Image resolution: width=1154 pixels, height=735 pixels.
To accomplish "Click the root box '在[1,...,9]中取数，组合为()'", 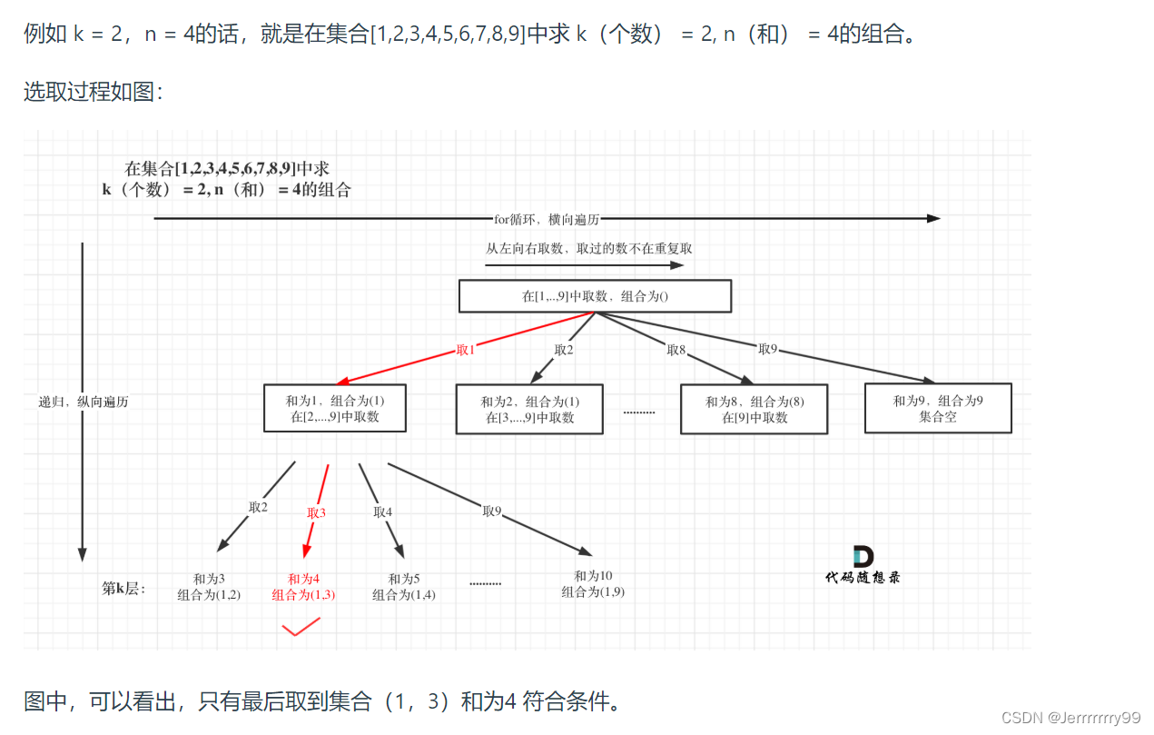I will [595, 296].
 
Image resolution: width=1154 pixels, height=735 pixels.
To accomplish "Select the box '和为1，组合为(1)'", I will [335, 409].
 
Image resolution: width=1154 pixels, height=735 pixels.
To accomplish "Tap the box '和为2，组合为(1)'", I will [529, 410].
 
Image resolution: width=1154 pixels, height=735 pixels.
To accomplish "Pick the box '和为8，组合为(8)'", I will [755, 410].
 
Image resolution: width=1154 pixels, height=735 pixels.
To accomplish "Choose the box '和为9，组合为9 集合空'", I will [938, 408].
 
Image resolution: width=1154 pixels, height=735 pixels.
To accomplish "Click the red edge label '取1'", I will [466, 350].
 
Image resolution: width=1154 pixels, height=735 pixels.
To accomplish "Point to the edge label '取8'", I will [676, 350].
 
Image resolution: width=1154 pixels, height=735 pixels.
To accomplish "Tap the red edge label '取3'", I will [316, 512].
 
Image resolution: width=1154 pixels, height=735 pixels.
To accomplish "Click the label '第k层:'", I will [123, 588].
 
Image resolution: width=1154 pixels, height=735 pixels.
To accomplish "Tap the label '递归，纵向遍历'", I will [84, 402].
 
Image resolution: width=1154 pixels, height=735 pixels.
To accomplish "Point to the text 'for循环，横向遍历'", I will [547, 219].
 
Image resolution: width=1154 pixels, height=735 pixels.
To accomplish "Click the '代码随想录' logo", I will [863, 565].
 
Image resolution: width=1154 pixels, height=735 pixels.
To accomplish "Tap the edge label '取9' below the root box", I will [768, 349].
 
